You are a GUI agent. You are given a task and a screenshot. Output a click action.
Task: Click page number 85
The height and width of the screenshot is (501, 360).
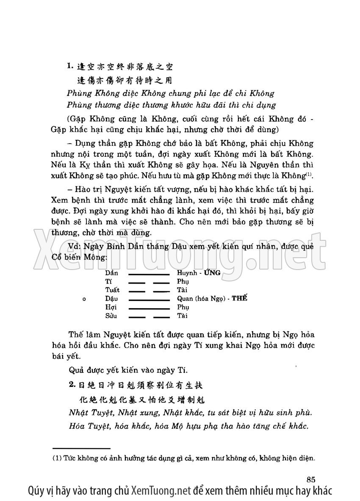tap(310, 480)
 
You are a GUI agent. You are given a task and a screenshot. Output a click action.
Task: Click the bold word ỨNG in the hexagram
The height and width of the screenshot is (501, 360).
tap(212, 273)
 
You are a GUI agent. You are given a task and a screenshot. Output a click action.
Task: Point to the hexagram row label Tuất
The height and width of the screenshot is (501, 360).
tap(112, 290)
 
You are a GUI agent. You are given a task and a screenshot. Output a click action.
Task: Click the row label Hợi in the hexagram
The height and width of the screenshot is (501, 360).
tap(111, 307)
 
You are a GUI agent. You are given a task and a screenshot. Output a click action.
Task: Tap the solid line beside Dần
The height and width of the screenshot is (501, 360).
tap(149, 273)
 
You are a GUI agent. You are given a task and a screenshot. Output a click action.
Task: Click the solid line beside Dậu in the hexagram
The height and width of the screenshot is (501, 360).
tap(149, 299)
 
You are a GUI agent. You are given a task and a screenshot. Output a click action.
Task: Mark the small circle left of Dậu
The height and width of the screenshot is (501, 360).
tap(84, 299)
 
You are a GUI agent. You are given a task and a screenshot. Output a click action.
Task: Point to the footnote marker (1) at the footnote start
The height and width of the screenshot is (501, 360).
tap(56, 458)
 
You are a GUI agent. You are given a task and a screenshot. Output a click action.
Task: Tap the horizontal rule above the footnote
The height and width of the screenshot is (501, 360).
tap(81, 448)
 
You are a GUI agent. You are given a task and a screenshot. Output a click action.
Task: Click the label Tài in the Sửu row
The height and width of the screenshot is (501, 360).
tap(183, 316)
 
